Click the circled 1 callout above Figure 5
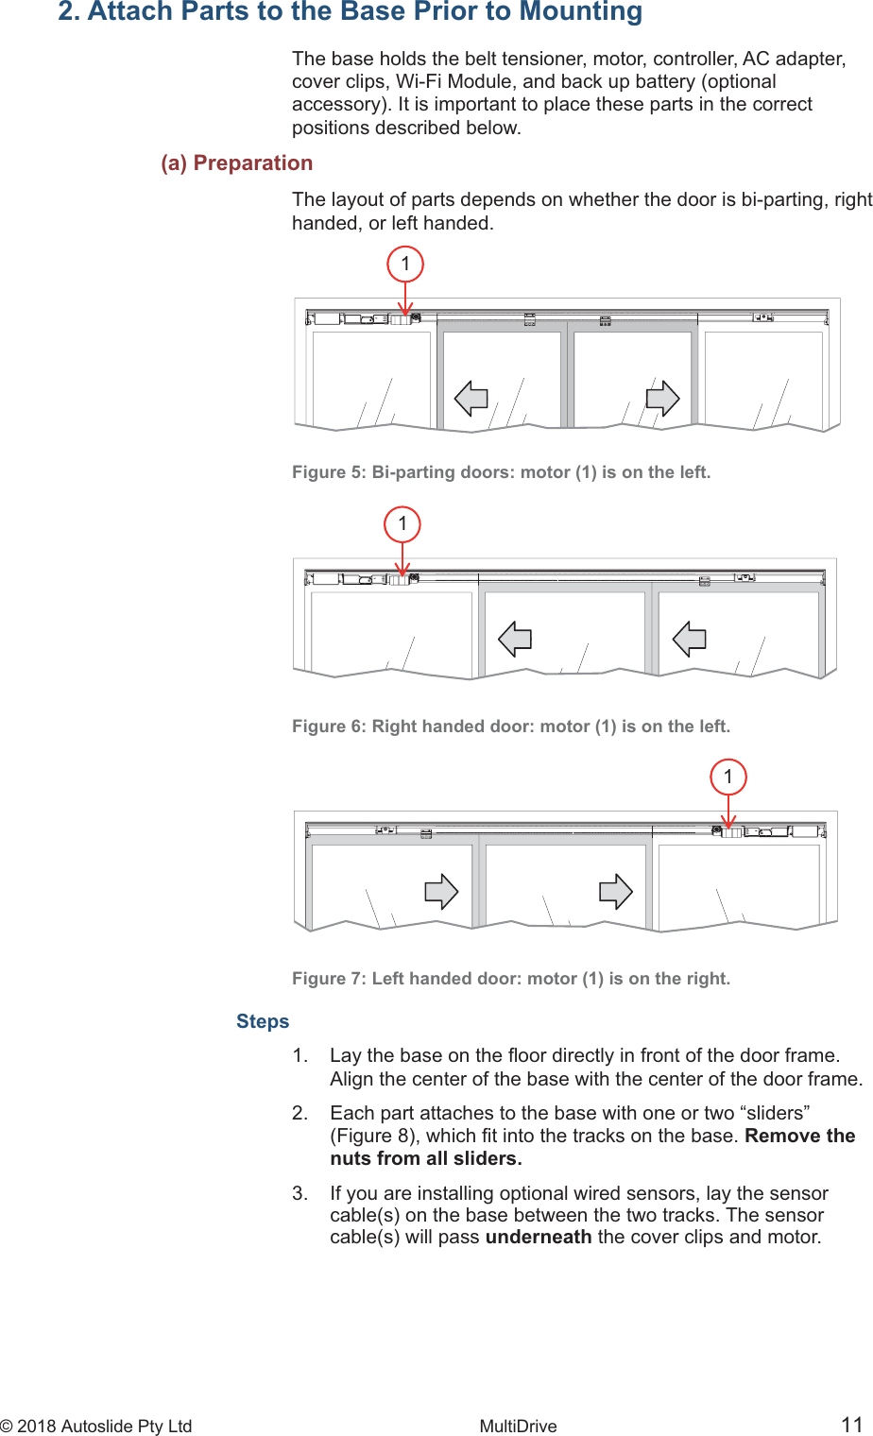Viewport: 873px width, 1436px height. pyautogui.click(x=405, y=264)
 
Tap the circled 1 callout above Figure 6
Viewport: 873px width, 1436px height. pyautogui.click(x=402, y=523)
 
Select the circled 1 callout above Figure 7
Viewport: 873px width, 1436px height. pyautogui.click(x=727, y=777)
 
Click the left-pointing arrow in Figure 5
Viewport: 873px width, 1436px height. pyautogui.click(x=471, y=399)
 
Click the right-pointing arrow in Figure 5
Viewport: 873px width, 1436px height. pyautogui.click(x=662, y=399)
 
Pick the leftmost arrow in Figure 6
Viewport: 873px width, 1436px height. pyautogui.click(x=515, y=640)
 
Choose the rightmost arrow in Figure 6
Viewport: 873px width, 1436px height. pyautogui.click(x=690, y=640)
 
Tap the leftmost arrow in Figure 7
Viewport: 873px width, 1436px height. pyautogui.click(x=441, y=892)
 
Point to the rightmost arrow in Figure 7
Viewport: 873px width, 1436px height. pyautogui.click(x=616, y=892)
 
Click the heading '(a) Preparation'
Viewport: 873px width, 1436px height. pyautogui.click(x=236, y=163)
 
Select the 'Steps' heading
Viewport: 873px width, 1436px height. pyautogui.click(x=263, y=1021)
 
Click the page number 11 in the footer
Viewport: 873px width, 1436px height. pyautogui.click(x=851, y=1425)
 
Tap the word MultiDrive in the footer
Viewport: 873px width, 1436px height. pyautogui.click(x=518, y=1427)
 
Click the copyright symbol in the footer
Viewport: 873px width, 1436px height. pyautogui.click(x=7, y=1427)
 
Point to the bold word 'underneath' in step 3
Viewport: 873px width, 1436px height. pyautogui.click(x=539, y=1237)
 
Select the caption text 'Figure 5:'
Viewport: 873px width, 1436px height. pyautogui.click(x=329, y=472)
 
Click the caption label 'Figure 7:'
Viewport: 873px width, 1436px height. pyautogui.click(x=329, y=979)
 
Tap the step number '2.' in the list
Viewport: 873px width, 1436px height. pyautogui.click(x=300, y=1113)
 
